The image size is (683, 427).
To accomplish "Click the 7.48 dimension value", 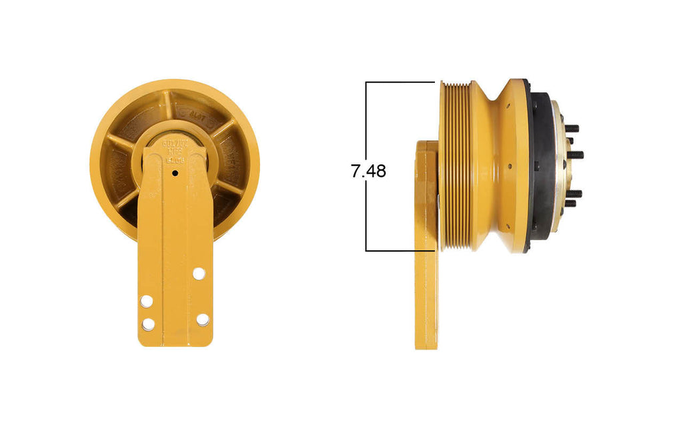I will click(x=368, y=171).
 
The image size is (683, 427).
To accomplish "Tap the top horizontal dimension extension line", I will click(x=400, y=82).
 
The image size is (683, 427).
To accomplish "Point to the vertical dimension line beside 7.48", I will click(x=366, y=213).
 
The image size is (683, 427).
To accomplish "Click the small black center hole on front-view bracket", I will click(x=175, y=173).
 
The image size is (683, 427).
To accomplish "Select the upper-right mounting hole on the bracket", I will click(x=198, y=273).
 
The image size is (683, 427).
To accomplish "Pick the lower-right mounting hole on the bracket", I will click(x=202, y=320).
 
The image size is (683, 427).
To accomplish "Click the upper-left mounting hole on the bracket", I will click(x=146, y=301).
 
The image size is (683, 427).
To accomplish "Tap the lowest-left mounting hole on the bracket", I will click(x=148, y=324).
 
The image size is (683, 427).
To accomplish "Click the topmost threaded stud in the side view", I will click(x=572, y=128).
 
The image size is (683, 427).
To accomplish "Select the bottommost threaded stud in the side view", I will click(x=571, y=203).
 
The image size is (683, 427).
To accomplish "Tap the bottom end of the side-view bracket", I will click(x=426, y=344).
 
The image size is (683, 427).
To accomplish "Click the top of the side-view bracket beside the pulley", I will click(x=426, y=143).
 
